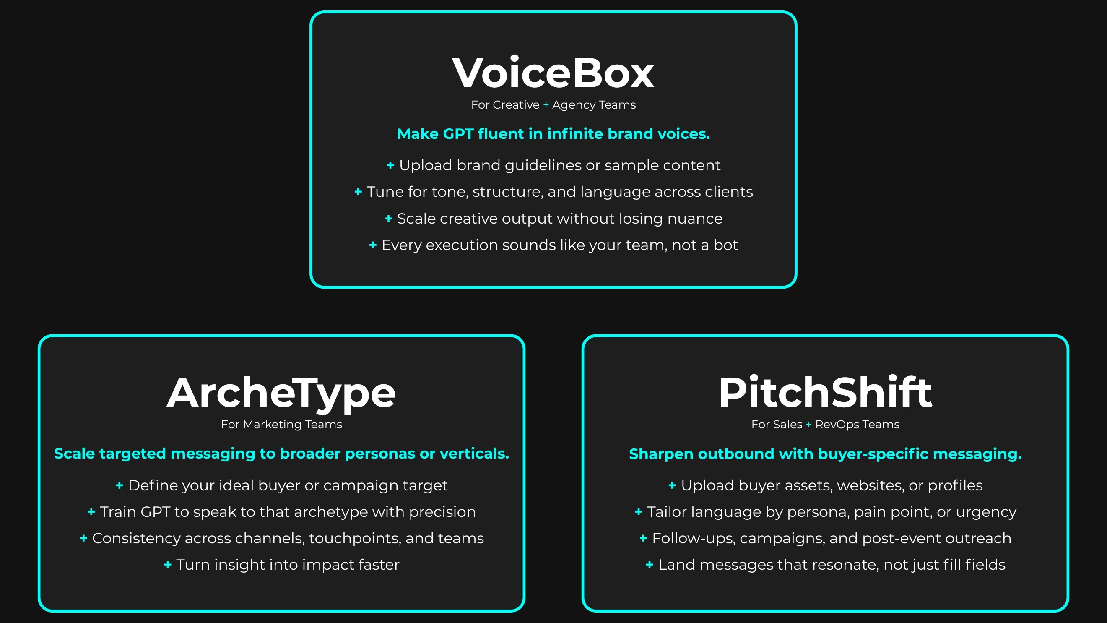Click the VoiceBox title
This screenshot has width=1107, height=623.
(553, 73)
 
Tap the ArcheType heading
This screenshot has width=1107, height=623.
(281, 393)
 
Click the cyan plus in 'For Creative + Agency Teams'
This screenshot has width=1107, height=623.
(546, 105)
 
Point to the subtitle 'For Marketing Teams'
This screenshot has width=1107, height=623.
(281, 425)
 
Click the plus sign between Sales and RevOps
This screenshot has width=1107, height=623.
(808, 425)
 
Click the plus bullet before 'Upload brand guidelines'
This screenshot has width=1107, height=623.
(390, 165)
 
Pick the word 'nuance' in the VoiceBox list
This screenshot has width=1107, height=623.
(694, 219)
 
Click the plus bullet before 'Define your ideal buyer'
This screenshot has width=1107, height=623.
(120, 485)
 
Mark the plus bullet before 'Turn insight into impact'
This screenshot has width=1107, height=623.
(168, 565)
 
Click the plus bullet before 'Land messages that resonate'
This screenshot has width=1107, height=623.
(650, 565)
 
